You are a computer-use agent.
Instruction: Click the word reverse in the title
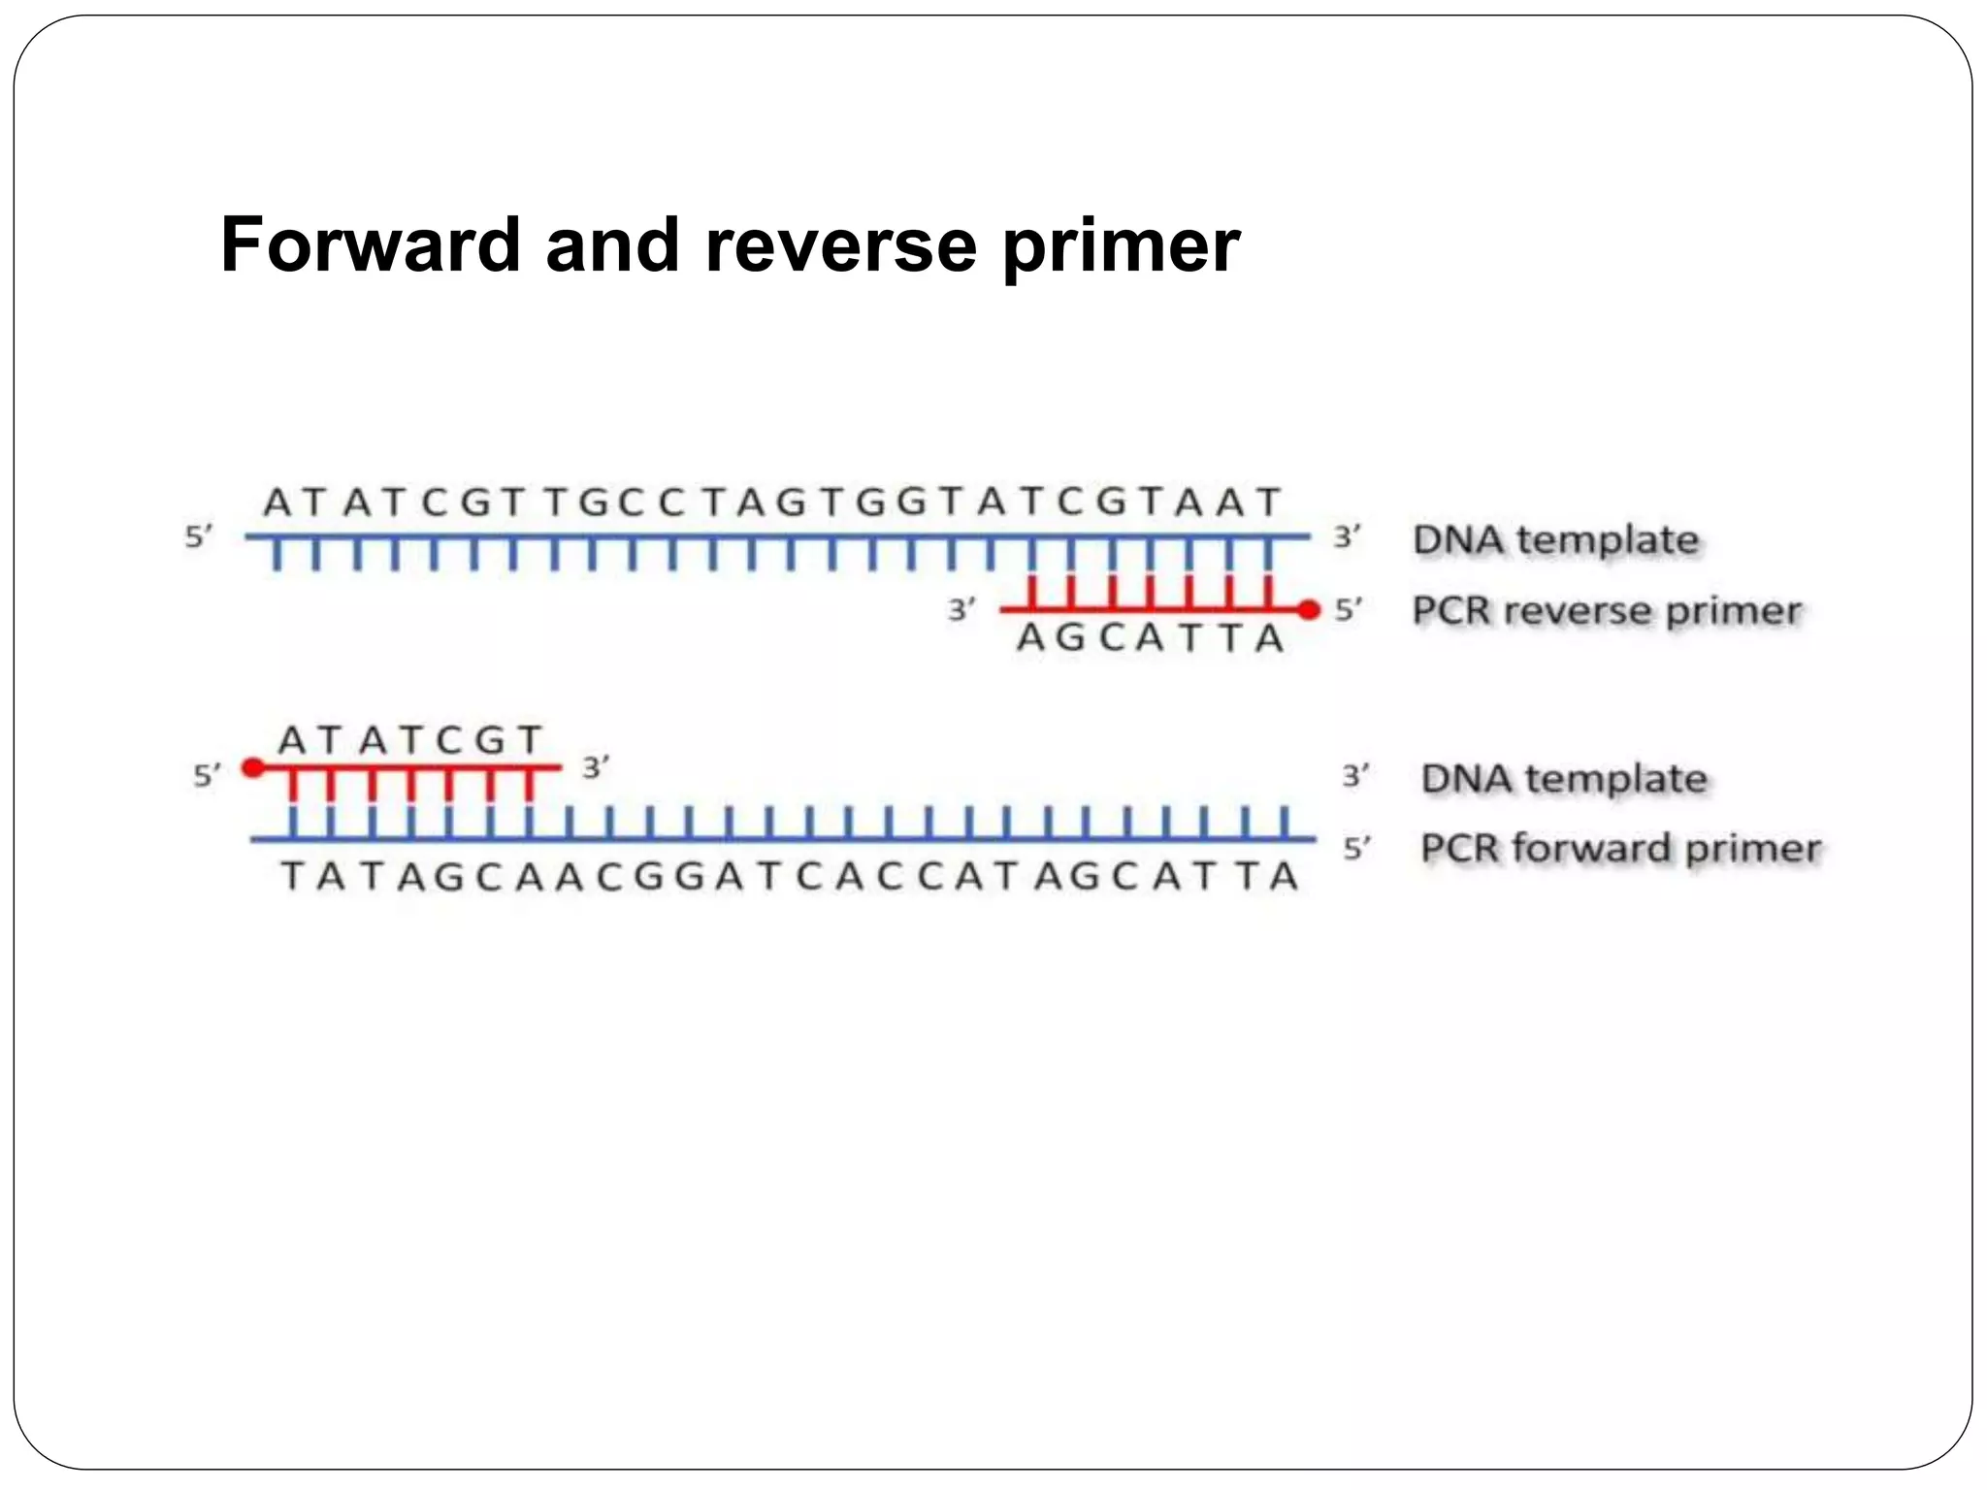pyautogui.click(x=840, y=244)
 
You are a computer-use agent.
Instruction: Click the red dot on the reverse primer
pyautogui.click(x=1309, y=610)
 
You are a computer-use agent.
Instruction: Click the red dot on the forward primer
pyautogui.click(x=253, y=768)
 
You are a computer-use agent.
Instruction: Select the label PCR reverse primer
pyautogui.click(x=1606, y=611)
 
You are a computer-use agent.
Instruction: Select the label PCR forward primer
pyautogui.click(x=1619, y=848)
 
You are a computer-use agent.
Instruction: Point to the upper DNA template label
pyautogui.click(x=1555, y=539)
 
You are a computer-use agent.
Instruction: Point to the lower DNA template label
pyautogui.click(x=1563, y=778)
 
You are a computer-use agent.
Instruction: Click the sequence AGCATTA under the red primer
pyautogui.click(x=1151, y=638)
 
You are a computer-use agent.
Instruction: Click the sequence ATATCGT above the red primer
pyautogui.click(x=410, y=741)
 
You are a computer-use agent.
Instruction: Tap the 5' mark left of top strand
pyautogui.click(x=198, y=536)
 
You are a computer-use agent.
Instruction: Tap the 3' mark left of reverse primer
pyautogui.click(x=961, y=610)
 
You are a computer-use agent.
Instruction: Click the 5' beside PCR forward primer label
pyautogui.click(x=1355, y=849)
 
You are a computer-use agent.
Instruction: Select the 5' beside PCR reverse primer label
pyautogui.click(x=1348, y=610)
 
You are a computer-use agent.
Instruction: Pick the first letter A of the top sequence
pyautogui.click(x=277, y=503)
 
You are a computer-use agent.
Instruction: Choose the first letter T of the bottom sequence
pyautogui.click(x=291, y=877)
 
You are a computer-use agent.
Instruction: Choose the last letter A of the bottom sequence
pyautogui.click(x=1284, y=877)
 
